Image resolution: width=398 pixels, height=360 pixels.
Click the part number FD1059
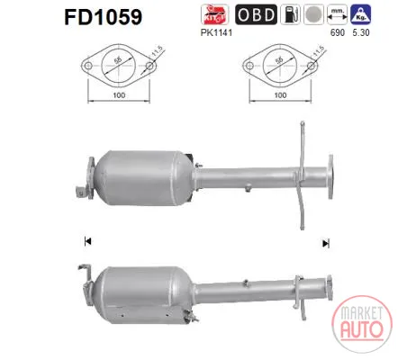(103, 16)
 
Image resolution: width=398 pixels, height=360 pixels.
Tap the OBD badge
(256, 14)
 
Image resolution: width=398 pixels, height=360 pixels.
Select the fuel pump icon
(290, 14)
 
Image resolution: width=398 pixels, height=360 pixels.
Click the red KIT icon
(214, 14)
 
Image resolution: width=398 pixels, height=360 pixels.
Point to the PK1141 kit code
(216, 32)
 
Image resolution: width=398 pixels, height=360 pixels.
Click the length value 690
(338, 32)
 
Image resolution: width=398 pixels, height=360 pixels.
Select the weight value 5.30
(361, 32)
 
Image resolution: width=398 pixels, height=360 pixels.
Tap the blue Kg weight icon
(361, 14)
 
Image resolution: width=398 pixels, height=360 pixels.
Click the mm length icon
(337, 14)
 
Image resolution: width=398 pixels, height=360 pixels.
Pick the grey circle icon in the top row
(313, 14)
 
